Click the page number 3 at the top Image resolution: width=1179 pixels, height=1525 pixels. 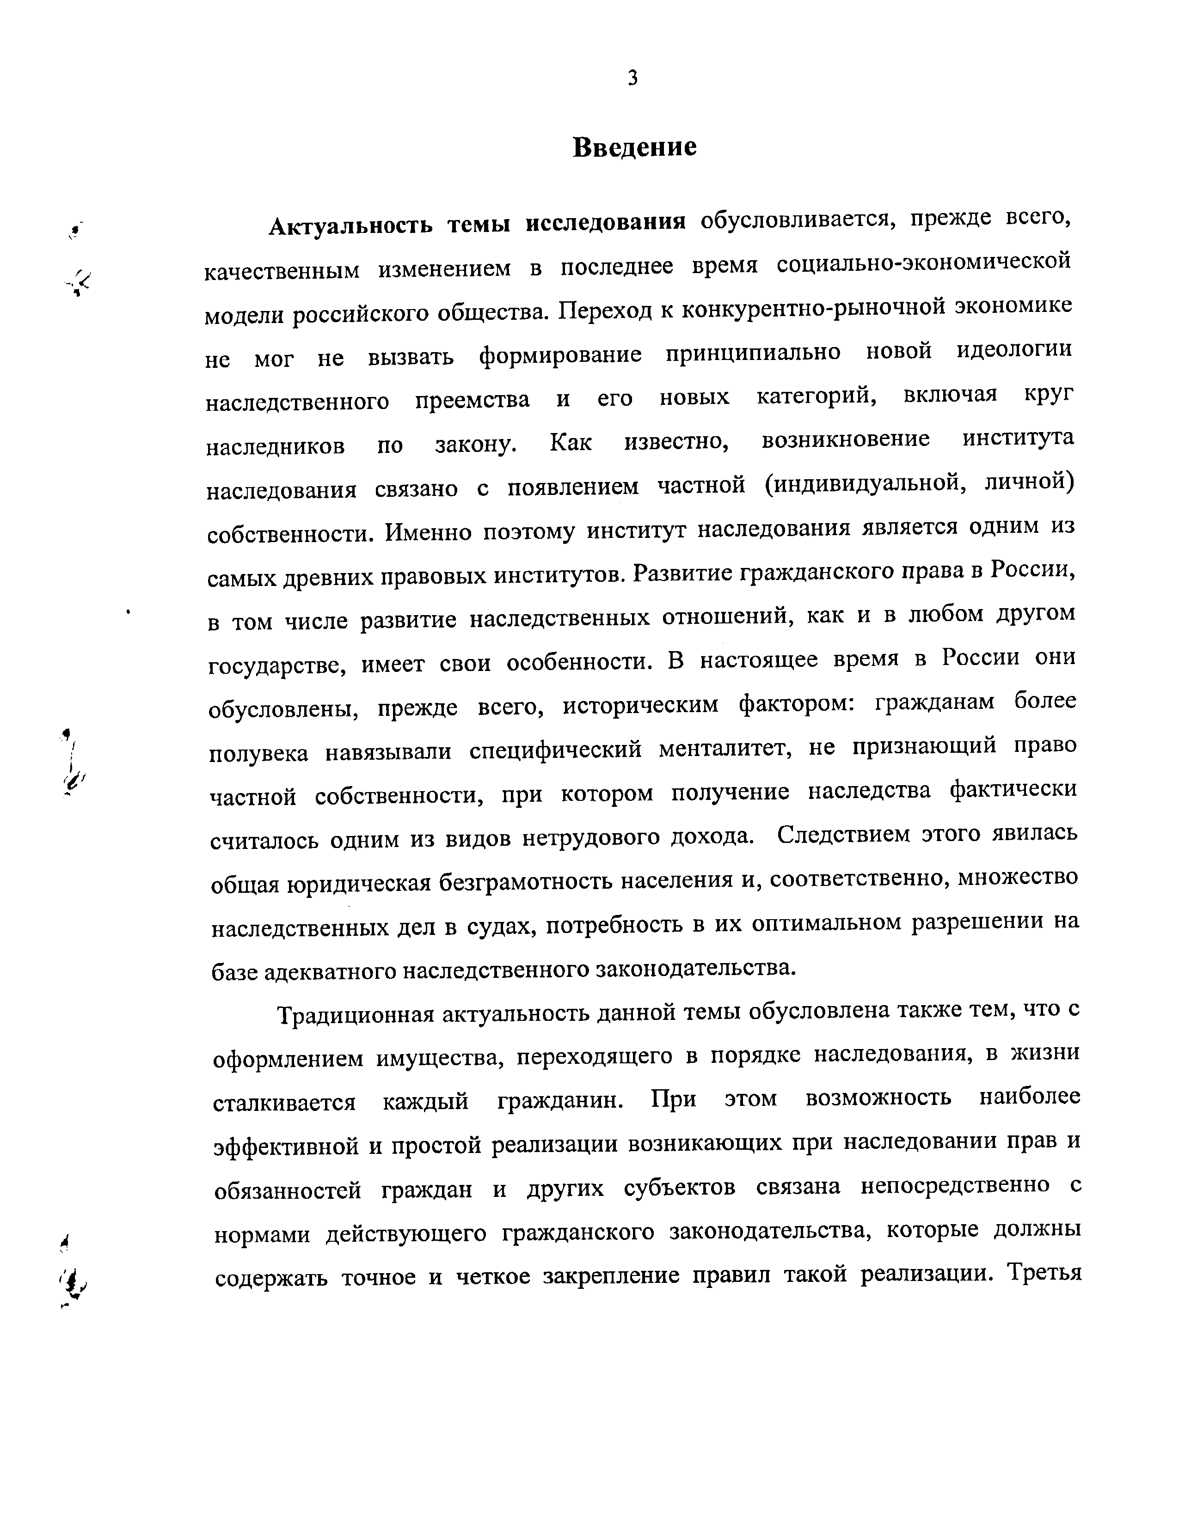(633, 78)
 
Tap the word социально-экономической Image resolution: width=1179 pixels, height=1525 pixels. (924, 263)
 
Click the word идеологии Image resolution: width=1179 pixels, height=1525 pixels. (1014, 350)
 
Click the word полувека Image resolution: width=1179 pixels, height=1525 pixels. (259, 753)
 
